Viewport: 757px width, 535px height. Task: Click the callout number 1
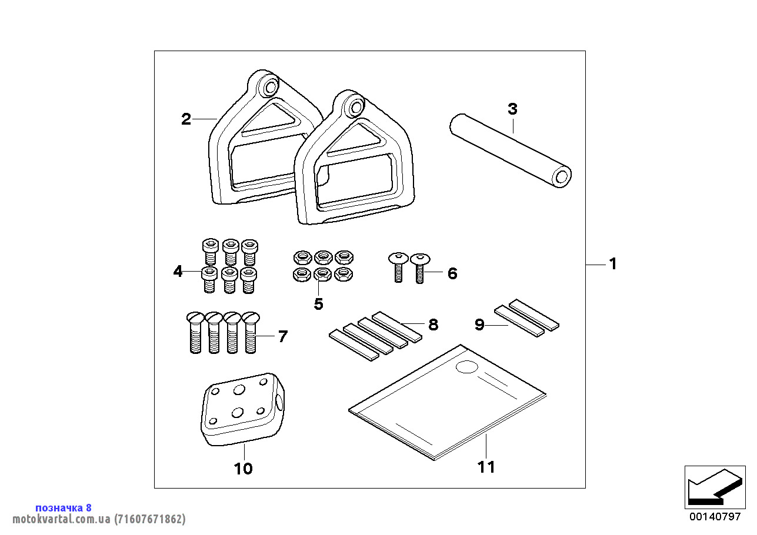point(613,264)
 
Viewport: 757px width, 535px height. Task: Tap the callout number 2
point(186,119)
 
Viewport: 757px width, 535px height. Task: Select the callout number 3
point(512,109)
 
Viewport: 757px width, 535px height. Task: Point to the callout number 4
point(178,271)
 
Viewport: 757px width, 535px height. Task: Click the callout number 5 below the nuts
point(318,304)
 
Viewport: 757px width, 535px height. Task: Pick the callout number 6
point(452,273)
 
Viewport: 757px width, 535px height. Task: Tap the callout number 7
point(283,336)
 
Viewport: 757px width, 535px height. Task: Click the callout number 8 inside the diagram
point(433,325)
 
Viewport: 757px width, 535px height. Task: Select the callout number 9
point(479,325)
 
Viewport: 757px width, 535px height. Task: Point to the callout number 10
point(244,469)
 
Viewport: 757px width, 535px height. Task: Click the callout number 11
point(486,467)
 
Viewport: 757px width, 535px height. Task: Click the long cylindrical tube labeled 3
point(511,151)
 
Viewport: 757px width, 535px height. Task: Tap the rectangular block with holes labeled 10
point(243,409)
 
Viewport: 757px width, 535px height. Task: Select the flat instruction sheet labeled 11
point(448,403)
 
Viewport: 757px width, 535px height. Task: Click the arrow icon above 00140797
point(715,487)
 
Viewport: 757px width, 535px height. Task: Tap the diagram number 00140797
point(715,516)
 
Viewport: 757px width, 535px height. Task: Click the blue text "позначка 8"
point(64,507)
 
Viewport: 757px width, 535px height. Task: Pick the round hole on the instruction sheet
point(467,367)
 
